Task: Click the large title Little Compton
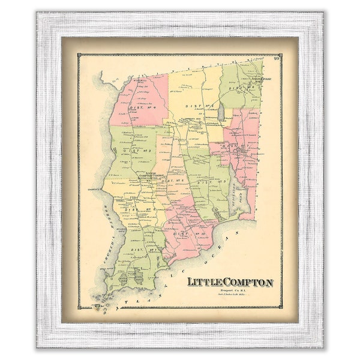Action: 230,282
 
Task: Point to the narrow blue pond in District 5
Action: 221,112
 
